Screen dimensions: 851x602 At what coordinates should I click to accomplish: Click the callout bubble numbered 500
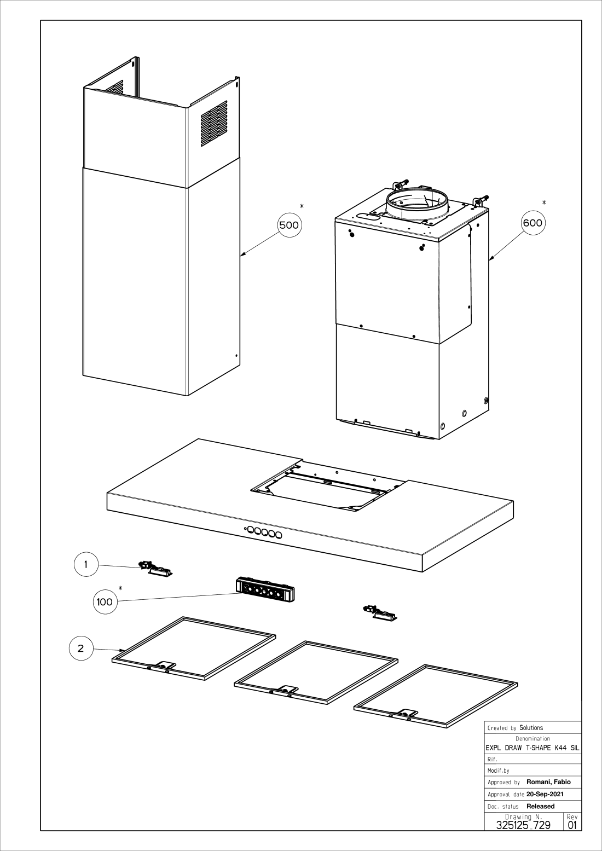pyautogui.click(x=290, y=225)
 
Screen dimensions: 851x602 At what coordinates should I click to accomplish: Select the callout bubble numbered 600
pyautogui.click(x=532, y=223)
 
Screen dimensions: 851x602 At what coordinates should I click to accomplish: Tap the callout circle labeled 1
pyautogui.click(x=86, y=564)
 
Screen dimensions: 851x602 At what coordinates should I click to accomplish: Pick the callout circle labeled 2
pyautogui.click(x=81, y=649)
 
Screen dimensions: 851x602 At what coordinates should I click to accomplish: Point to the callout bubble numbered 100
pyautogui.click(x=105, y=602)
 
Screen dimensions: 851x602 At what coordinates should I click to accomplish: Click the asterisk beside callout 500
pyautogui.click(x=302, y=206)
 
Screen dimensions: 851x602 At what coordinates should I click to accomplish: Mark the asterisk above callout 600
pyautogui.click(x=543, y=202)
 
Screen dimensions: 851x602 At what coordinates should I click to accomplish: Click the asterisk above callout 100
pyautogui.click(x=120, y=588)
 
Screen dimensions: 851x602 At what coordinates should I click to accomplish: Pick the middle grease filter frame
pyautogui.click(x=316, y=672)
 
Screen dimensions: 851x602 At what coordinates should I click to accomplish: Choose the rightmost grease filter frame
pyautogui.click(x=436, y=696)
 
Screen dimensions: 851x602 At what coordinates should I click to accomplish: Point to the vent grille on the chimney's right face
pyautogui.click(x=214, y=123)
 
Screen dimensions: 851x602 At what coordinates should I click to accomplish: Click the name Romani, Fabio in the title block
pyautogui.click(x=548, y=782)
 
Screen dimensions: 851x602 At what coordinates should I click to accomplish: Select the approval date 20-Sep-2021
pyautogui.click(x=545, y=794)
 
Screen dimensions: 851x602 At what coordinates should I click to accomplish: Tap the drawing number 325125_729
pyautogui.click(x=523, y=825)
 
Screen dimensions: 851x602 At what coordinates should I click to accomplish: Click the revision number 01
pyautogui.click(x=572, y=825)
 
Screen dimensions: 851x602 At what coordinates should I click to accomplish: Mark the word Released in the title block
pyautogui.click(x=540, y=806)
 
